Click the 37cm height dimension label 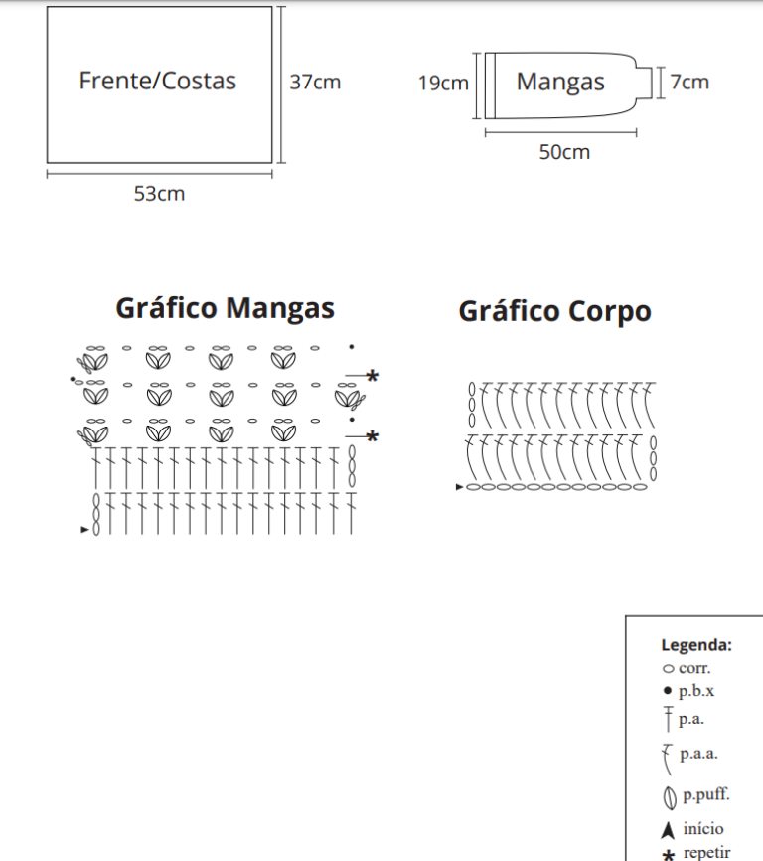[315, 82]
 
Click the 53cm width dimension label [159, 194]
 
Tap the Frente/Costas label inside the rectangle [157, 81]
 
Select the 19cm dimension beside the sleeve [443, 84]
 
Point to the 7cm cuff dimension [689, 82]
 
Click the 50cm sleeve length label [564, 152]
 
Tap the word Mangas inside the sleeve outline [560, 83]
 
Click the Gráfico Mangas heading [225, 308]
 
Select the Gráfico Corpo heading [554, 311]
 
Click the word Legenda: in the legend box [696, 645]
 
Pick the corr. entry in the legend [693, 668]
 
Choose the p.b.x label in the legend [696, 691]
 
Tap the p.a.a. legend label [698, 754]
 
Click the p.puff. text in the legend [706, 795]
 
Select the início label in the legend [703, 828]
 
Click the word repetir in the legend [706, 852]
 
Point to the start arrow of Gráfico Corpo [460, 487]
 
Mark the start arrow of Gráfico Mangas [84, 530]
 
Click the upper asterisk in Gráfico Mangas [372, 376]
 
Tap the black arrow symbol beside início [668, 830]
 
